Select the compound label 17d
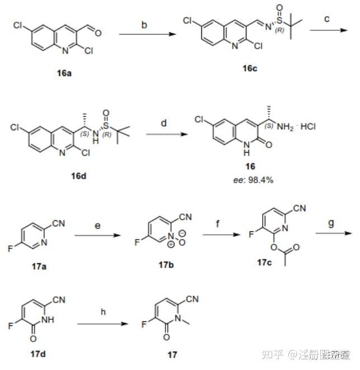point(39,353)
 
